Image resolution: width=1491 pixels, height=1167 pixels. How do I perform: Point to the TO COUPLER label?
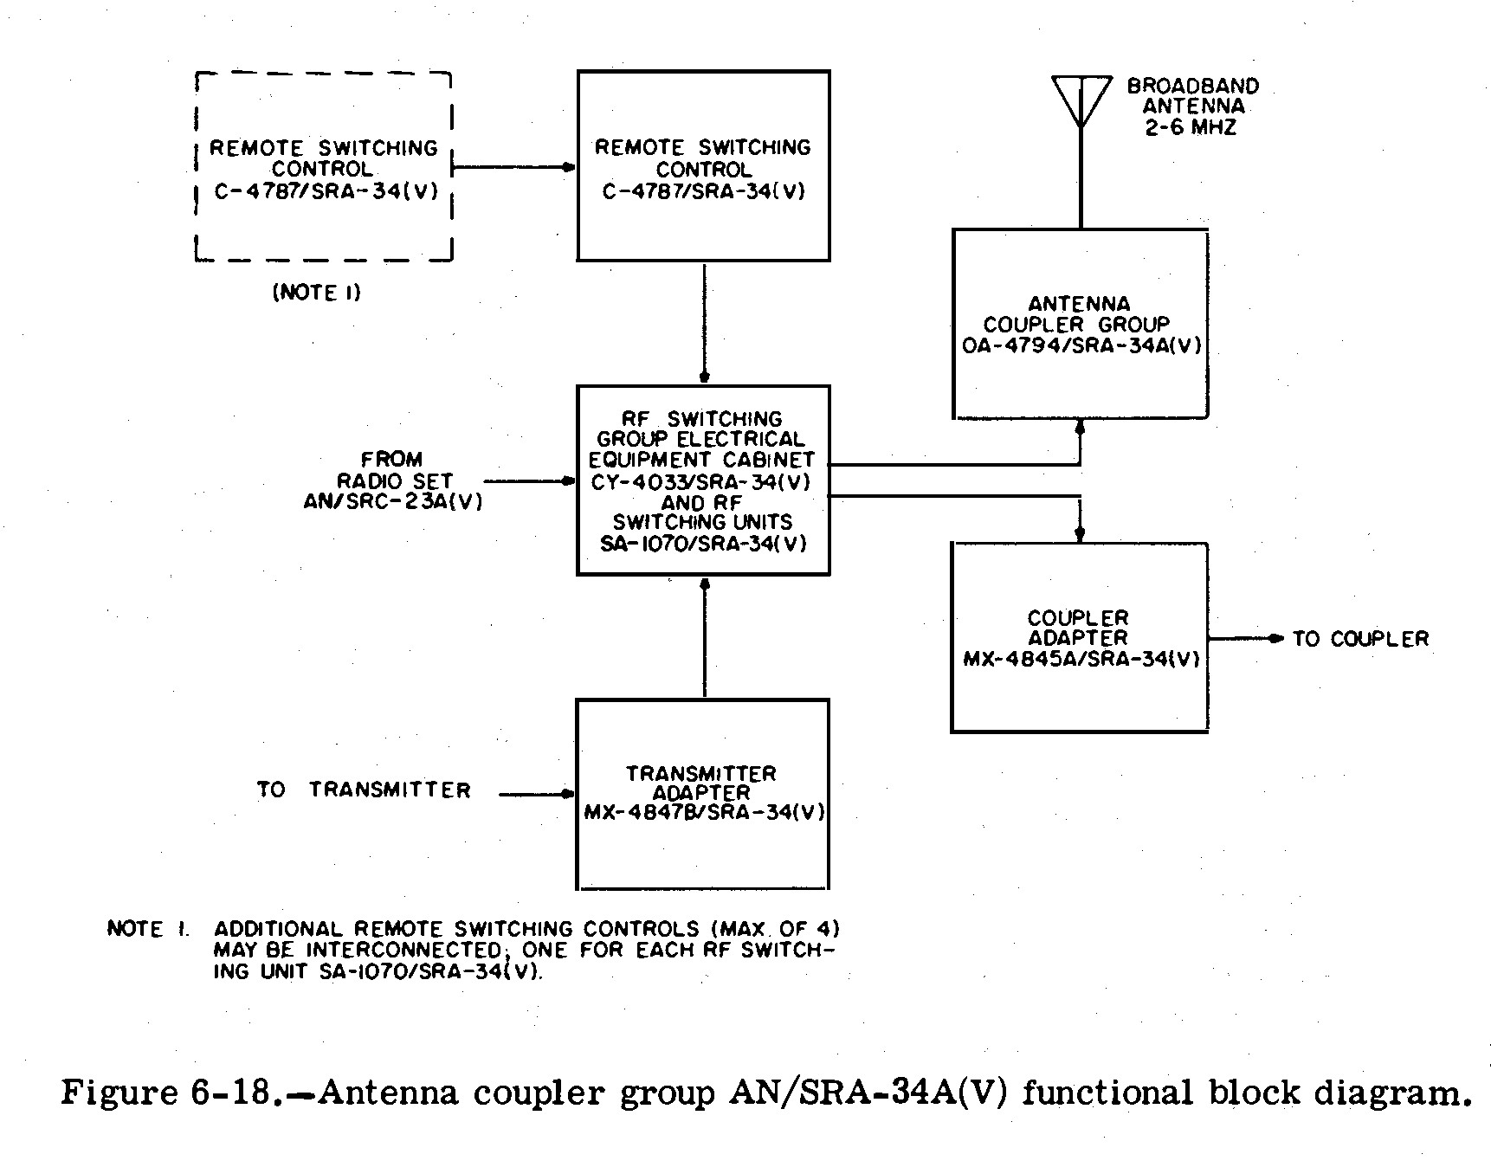1360,639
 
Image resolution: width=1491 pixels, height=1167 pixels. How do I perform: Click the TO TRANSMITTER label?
364,790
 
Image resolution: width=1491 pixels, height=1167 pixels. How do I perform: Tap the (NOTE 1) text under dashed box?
317,293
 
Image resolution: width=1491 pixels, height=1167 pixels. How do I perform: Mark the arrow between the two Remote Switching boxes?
514,167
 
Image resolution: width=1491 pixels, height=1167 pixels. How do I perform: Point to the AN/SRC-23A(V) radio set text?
392,501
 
